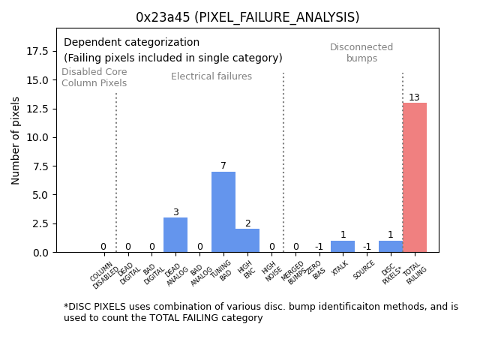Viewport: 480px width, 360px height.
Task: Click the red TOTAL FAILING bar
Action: tap(415, 178)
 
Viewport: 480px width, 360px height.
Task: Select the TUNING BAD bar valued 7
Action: tap(223, 212)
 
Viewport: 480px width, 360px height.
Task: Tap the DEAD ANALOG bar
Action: tap(175, 235)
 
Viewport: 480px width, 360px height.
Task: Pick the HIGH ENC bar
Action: tap(247, 241)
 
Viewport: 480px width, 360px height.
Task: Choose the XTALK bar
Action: tap(343, 247)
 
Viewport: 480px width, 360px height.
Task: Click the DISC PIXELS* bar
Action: tap(391, 247)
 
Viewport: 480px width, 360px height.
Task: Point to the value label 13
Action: tap(414, 97)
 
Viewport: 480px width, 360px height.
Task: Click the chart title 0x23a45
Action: tap(247, 17)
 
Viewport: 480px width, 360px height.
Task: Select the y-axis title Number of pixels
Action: tap(16, 140)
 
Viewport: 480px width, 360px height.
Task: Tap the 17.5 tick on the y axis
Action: tap(37, 51)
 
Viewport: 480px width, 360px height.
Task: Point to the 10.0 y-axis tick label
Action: tap(37, 137)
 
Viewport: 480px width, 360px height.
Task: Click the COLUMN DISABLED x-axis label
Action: tap(104, 274)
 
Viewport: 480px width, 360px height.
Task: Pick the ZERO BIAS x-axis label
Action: tap(315, 271)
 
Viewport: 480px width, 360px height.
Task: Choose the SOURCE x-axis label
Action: tap(364, 271)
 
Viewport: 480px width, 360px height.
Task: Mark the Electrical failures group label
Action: tap(211, 76)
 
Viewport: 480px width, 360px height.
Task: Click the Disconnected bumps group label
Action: tap(361, 52)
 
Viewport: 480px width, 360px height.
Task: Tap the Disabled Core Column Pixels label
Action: tap(94, 77)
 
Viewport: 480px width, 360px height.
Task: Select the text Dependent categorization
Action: tap(131, 43)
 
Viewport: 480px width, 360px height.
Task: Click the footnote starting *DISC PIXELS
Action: tap(260, 312)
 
